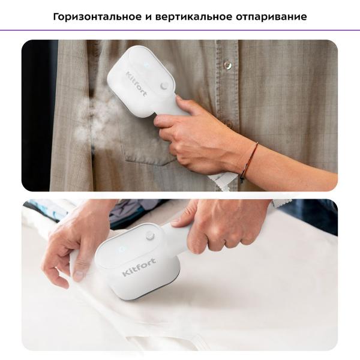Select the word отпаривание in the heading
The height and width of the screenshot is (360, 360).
[272, 16]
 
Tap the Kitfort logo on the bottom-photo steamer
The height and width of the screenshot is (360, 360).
[138, 269]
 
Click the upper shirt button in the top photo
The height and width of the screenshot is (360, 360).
[227, 64]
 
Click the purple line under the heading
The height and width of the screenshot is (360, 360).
[180, 30]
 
